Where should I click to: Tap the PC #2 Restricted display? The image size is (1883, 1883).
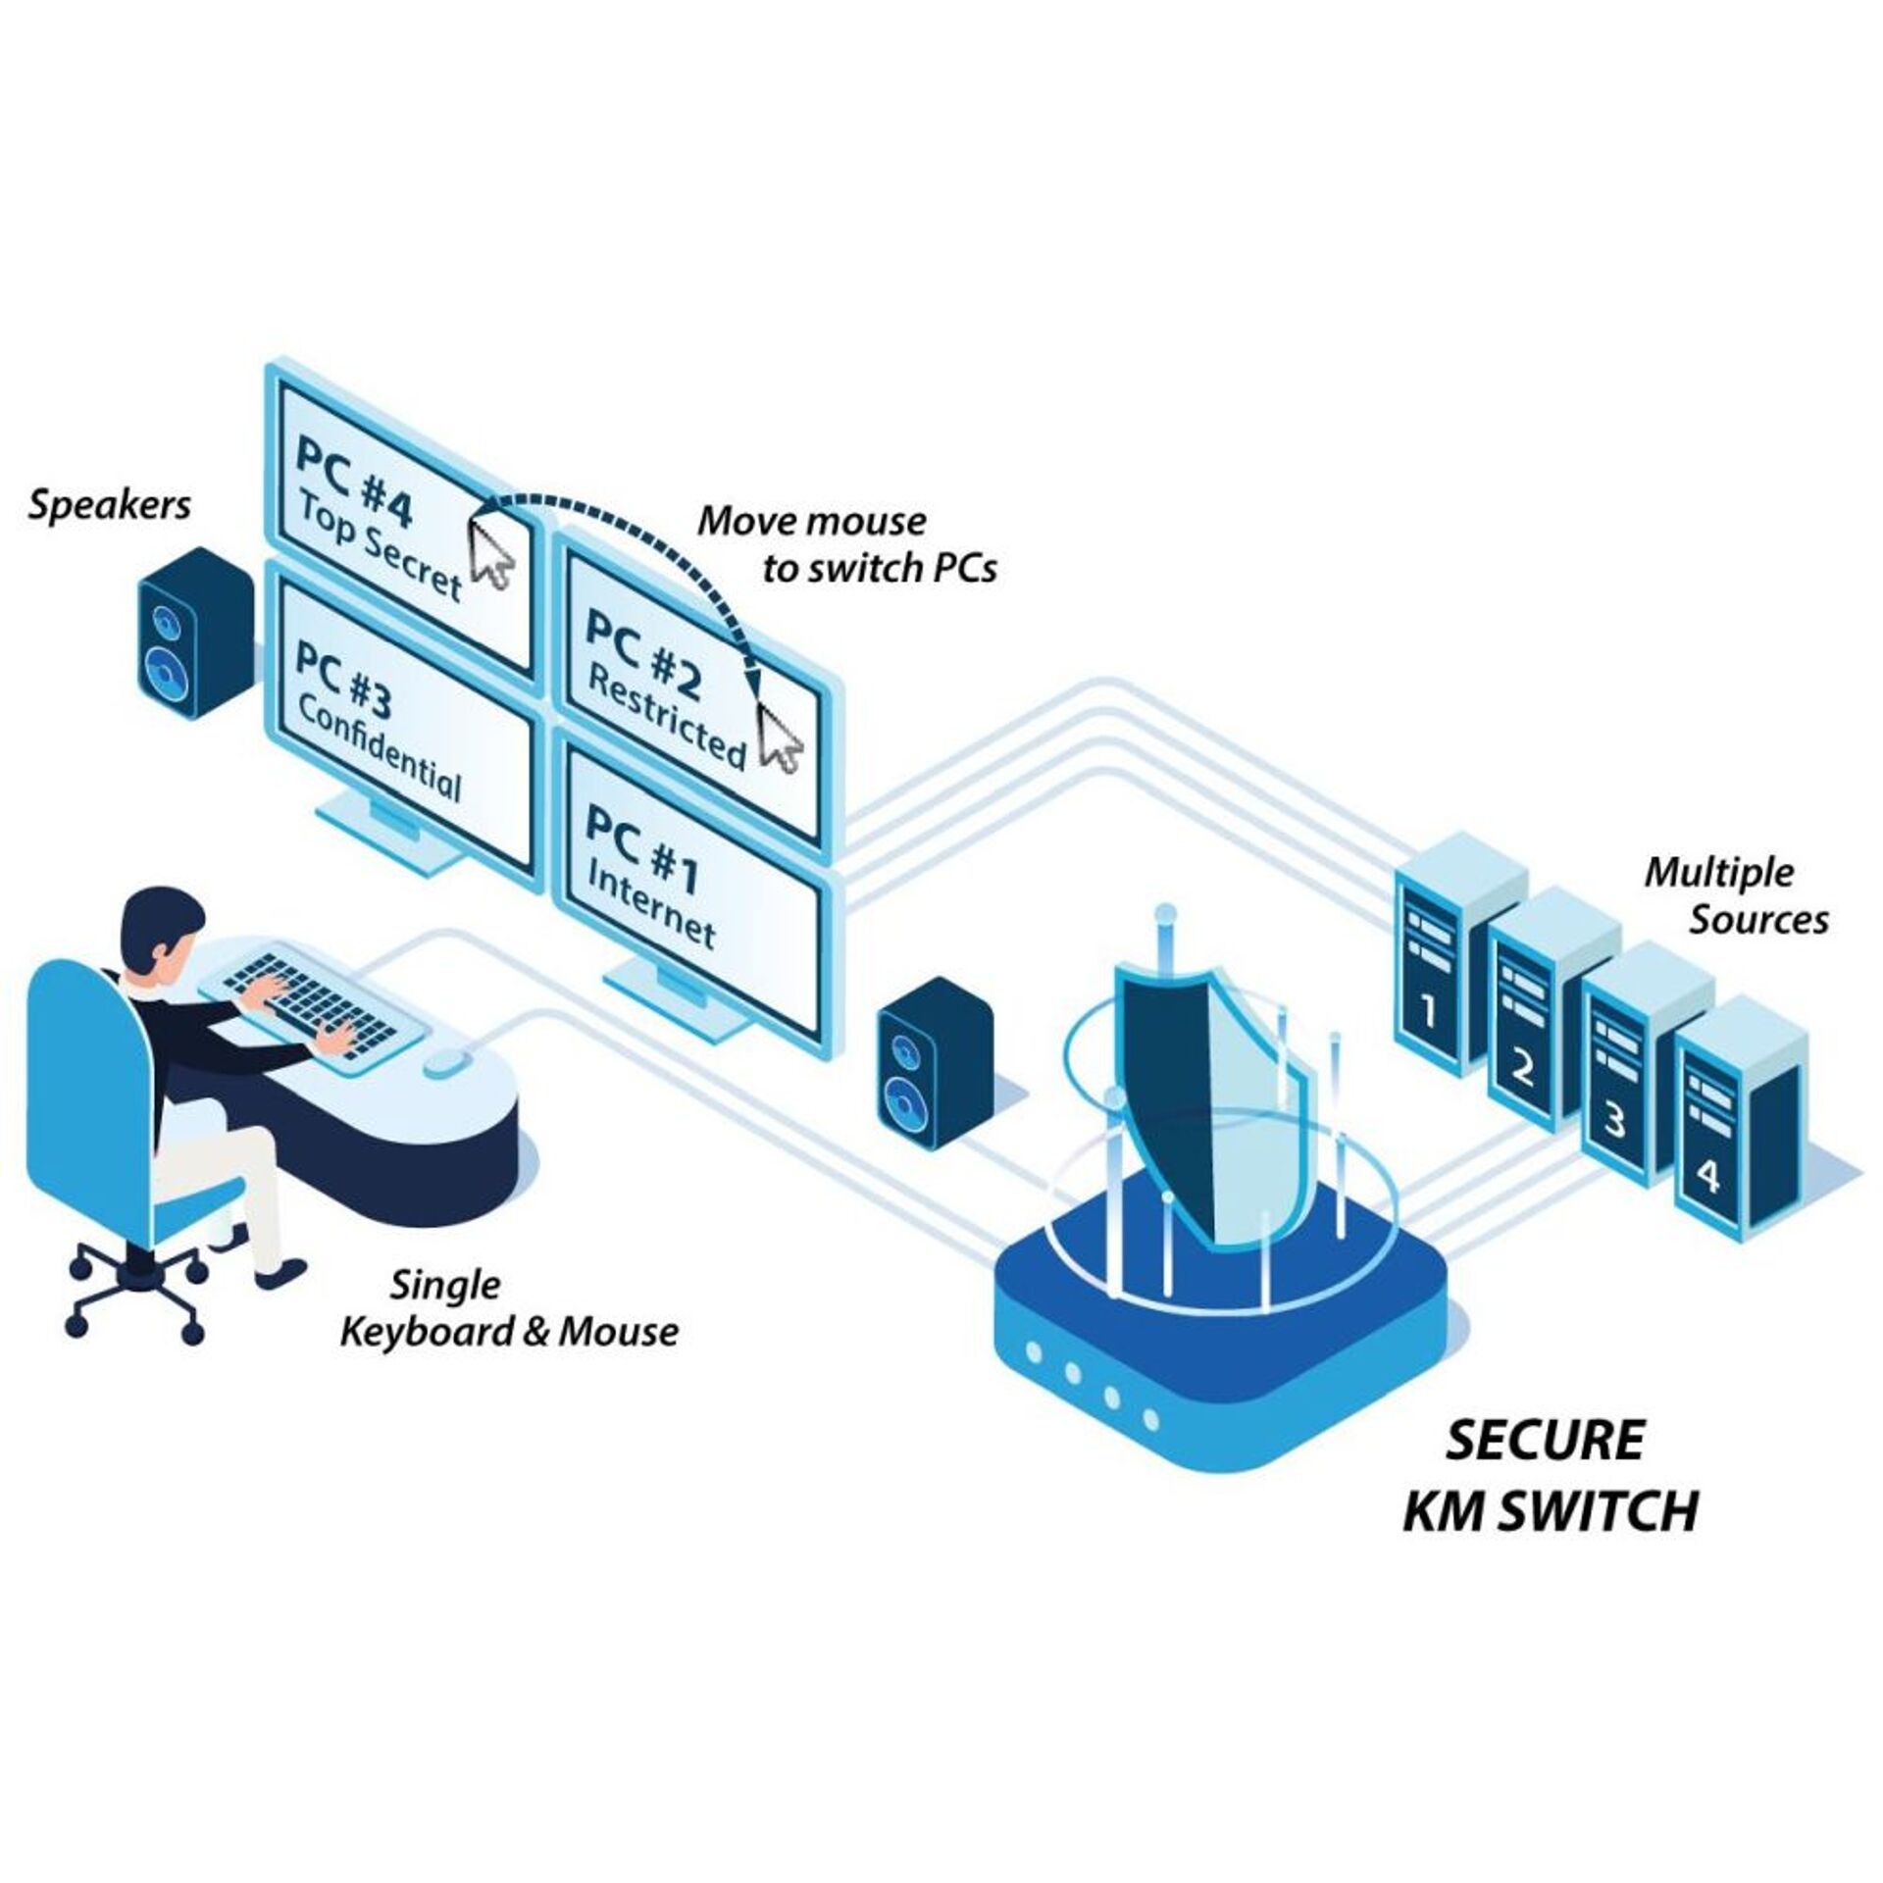pos(687,677)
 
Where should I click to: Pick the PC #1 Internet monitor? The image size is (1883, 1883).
pos(687,902)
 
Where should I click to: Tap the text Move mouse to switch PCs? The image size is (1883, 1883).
pos(843,544)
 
